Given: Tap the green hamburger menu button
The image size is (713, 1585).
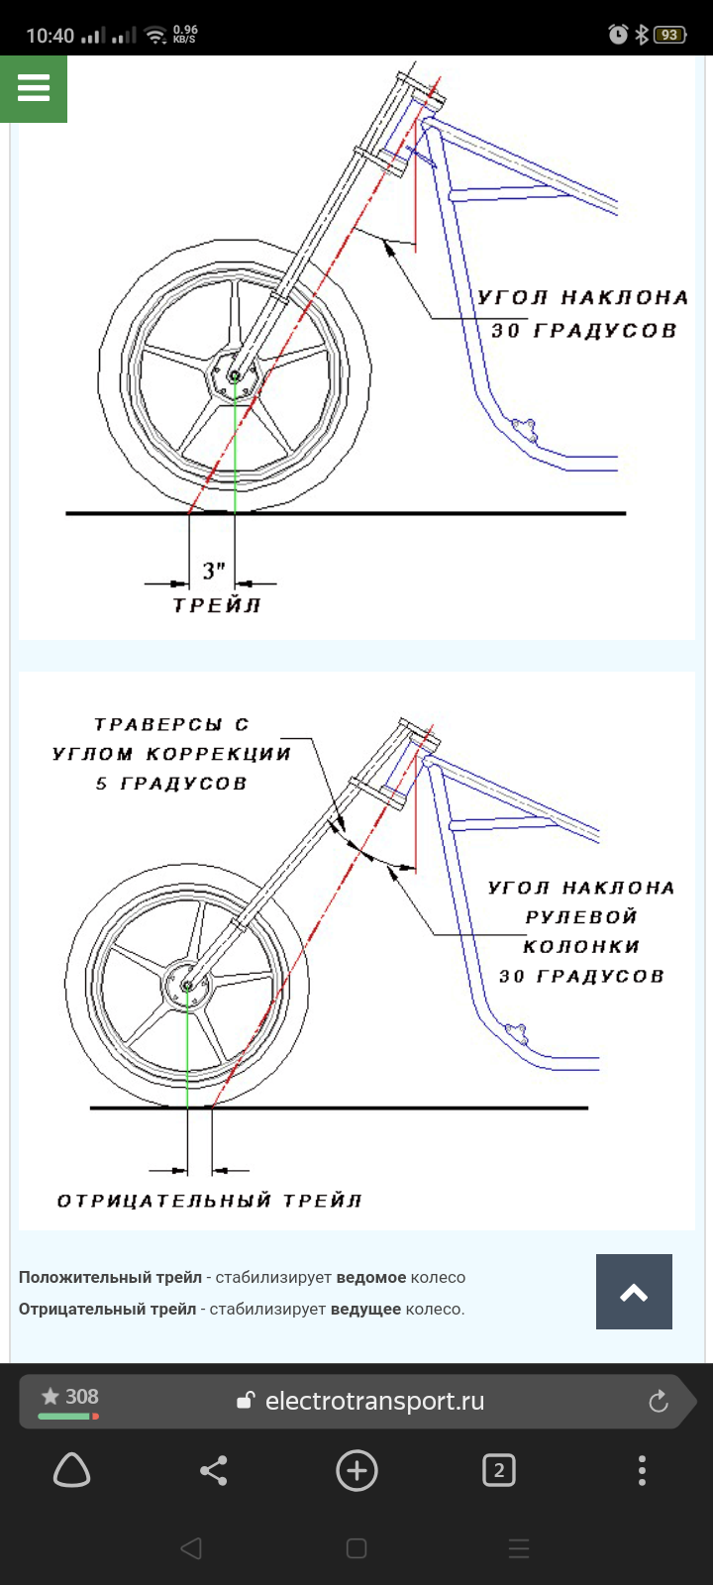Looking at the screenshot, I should coord(34,89).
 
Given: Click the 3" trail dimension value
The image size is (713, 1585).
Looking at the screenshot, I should coord(214,572).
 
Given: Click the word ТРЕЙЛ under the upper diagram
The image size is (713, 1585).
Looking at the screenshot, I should coord(217,605).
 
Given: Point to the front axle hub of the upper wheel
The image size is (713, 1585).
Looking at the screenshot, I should coord(235,376).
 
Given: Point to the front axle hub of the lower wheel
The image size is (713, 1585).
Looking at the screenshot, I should coord(187,986).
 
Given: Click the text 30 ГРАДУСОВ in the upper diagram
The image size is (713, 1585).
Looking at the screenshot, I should coord(583,331).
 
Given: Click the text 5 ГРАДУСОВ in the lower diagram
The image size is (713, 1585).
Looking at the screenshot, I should coord(171,784).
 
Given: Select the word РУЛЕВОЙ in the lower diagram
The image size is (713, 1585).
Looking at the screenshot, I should coord(581,917).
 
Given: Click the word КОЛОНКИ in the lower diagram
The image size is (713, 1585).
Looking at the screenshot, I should coord(581,947).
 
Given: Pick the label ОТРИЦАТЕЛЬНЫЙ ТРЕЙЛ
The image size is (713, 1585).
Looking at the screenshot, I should coord(209,1201).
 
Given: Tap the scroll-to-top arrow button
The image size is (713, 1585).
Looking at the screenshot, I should coord(634,1292).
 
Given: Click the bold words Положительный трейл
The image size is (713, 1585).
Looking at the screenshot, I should coord(110,1278).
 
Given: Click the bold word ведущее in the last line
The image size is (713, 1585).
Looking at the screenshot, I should coord(365,1310).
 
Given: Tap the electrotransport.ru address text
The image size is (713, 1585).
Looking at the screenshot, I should coord(374,1401).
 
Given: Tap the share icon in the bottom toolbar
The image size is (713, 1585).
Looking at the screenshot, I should coord(214,1471).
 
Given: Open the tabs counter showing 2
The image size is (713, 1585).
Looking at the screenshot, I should coord(498,1471).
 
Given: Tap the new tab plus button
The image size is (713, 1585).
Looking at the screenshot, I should coord(356,1471).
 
